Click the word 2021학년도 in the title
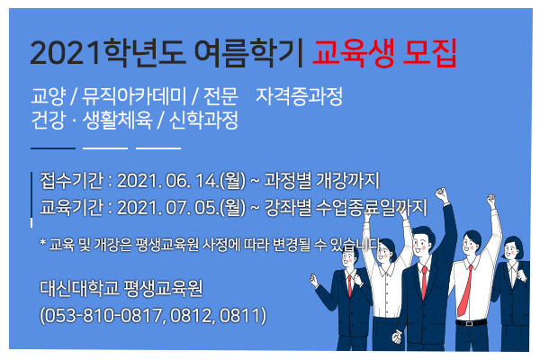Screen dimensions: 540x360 click(x=108, y=53)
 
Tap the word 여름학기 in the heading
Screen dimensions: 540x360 click(x=248, y=53)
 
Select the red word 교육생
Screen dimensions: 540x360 click(x=353, y=53)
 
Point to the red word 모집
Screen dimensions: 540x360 click(x=429, y=53)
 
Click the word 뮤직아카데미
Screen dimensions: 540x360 click(x=134, y=96)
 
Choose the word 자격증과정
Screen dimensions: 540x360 click(x=299, y=96)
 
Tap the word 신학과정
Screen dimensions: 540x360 click(x=203, y=120)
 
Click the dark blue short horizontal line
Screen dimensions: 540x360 click(x=53, y=148)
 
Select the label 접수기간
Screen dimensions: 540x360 click(x=72, y=180)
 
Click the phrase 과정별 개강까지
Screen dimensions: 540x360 click(x=321, y=180)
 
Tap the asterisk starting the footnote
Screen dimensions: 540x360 click(x=42, y=242)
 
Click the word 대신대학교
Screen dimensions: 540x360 click(x=79, y=288)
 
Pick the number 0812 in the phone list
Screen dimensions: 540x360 click(x=191, y=315)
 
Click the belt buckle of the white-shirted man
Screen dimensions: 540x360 click(x=469, y=323)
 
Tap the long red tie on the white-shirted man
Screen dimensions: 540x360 click(x=464, y=291)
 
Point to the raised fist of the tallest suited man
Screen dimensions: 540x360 click(x=441, y=194)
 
